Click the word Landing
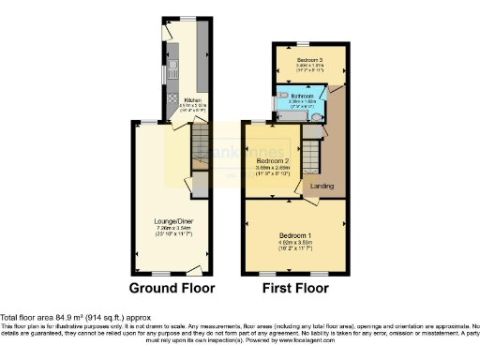(x=322, y=186)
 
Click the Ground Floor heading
(x=172, y=288)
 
